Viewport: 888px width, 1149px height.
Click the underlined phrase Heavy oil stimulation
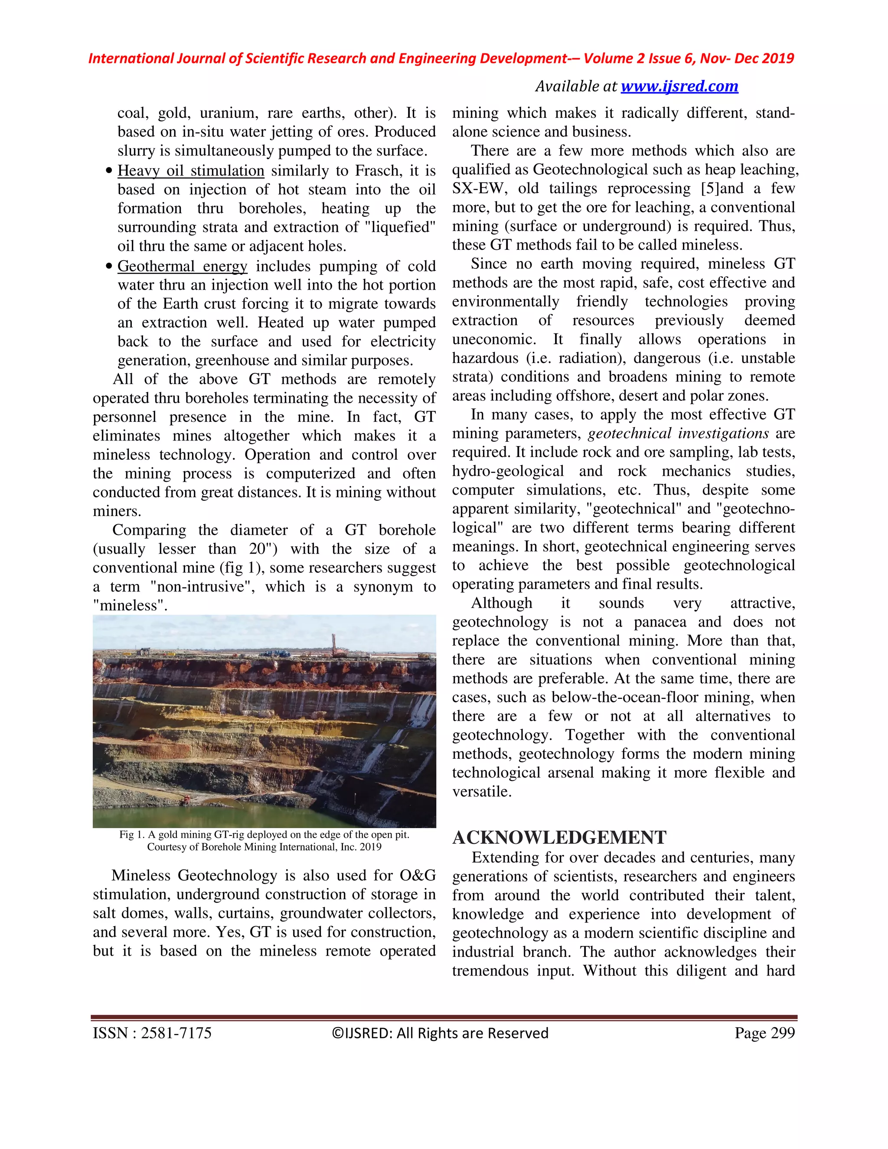(190, 170)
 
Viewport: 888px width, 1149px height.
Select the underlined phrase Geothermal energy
(182, 266)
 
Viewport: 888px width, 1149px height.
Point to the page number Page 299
(764, 1033)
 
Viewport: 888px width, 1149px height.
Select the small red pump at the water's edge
(185, 801)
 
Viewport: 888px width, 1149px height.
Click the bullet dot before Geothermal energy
(109, 267)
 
